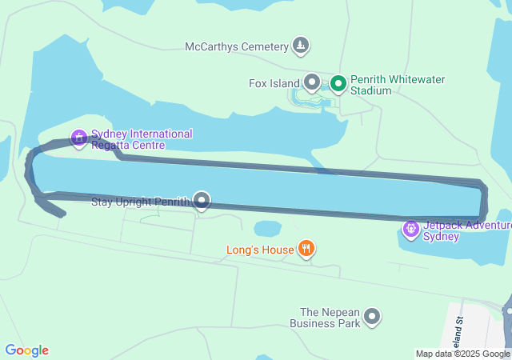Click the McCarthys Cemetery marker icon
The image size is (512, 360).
point(301,46)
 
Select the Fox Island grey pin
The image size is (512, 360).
point(312,82)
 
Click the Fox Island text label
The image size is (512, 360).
point(274,82)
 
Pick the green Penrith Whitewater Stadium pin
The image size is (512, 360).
point(338,83)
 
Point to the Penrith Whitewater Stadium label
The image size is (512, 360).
point(398,85)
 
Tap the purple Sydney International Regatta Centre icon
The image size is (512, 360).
point(79,138)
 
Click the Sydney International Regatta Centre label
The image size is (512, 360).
point(141,139)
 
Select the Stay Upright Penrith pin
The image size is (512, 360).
point(202,201)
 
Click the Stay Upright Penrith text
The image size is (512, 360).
point(140,201)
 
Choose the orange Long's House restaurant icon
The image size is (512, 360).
point(306,250)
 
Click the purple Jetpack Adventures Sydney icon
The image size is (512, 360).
point(411,230)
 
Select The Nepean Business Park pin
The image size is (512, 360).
point(372,318)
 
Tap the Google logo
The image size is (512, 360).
point(26,350)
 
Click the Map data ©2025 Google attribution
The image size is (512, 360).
point(462,354)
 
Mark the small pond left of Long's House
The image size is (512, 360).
point(267,229)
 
